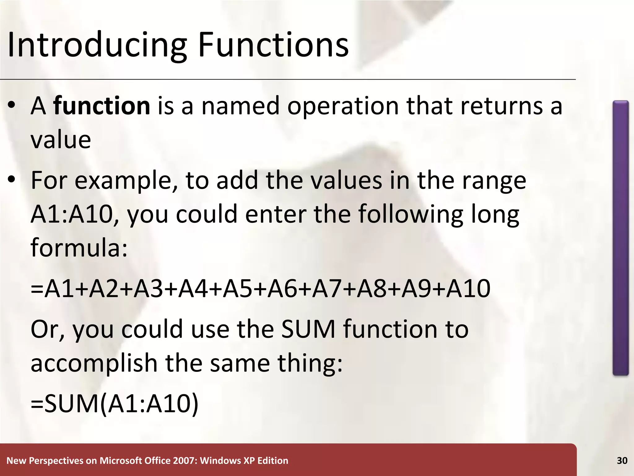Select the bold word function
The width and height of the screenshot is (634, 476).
pyautogui.click(x=102, y=106)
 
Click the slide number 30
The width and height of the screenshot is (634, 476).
pyautogui.click(x=622, y=461)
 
